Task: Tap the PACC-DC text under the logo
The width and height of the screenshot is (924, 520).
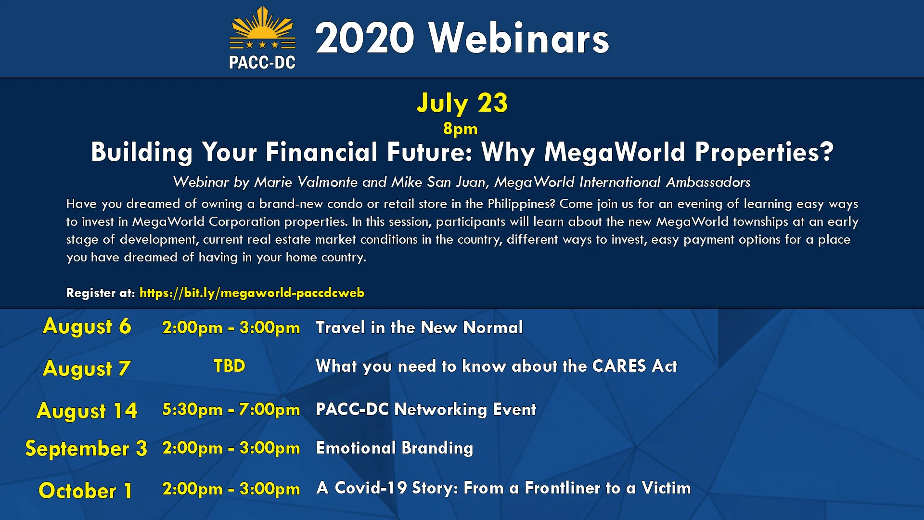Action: click(262, 63)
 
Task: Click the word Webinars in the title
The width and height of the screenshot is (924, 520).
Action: click(519, 39)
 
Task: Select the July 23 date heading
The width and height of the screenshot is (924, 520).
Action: click(462, 103)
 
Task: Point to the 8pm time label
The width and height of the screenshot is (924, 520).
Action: click(460, 129)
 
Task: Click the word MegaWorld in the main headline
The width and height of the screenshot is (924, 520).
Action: click(615, 152)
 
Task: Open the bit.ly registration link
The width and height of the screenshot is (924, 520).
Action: click(252, 293)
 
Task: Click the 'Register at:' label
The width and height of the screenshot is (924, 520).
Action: click(101, 293)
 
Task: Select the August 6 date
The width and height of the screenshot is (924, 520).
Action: click(87, 326)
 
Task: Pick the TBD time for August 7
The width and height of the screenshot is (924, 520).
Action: click(230, 366)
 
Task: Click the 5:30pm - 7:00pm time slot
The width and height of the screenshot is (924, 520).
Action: click(231, 409)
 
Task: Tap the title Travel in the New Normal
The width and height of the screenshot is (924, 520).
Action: click(419, 327)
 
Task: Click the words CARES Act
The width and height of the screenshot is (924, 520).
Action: click(635, 366)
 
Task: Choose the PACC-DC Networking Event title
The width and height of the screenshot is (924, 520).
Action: click(426, 409)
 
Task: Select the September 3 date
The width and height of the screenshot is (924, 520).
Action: click(86, 449)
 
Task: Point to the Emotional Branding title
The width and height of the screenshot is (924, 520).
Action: click(395, 448)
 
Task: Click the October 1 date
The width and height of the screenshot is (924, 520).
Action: click(86, 491)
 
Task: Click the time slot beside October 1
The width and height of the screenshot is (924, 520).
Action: click(231, 489)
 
